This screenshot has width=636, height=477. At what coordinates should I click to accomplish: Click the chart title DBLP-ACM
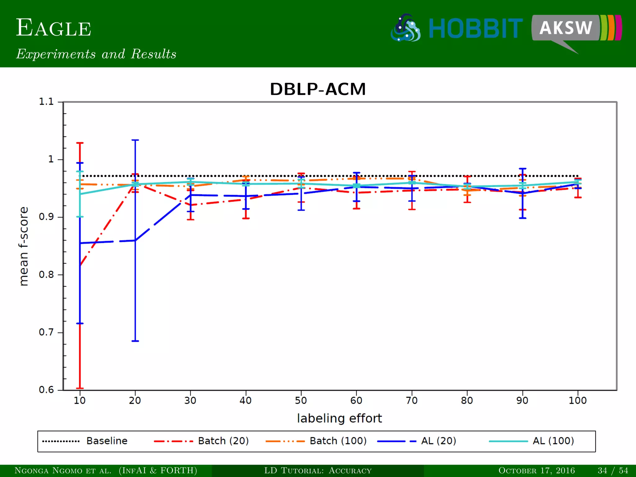[318, 89]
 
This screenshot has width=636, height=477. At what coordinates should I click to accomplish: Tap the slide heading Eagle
[53, 28]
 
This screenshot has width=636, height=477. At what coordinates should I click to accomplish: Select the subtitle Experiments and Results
[96, 54]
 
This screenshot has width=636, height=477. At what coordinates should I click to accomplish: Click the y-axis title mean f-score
[24, 246]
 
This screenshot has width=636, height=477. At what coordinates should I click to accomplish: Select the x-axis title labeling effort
[339, 418]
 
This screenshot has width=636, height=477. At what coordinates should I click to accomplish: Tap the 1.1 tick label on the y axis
[46, 102]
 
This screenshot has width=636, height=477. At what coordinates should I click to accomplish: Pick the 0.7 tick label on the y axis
[46, 332]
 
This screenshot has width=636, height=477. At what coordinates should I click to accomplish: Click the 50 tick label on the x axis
[301, 400]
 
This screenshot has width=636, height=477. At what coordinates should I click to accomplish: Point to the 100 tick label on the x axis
[577, 400]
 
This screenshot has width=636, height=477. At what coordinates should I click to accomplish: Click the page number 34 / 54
[613, 470]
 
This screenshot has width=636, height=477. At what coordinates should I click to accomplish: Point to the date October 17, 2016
[536, 470]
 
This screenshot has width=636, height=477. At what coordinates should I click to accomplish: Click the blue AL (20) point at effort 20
[135, 240]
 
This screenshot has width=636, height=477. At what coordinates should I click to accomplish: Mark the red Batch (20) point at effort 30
[190, 205]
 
